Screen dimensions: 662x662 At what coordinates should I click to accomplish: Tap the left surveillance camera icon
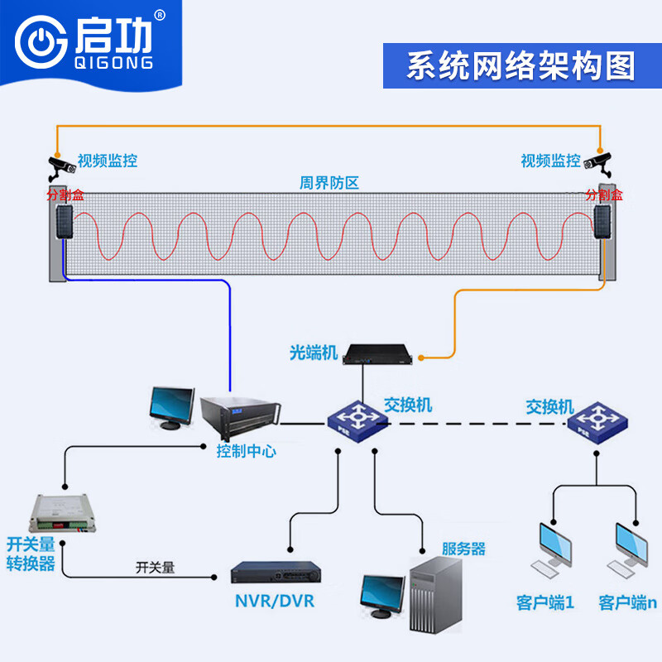(60, 164)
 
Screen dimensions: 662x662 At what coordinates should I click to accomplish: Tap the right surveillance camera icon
(599, 162)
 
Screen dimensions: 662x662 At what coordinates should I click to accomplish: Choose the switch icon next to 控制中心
(357, 421)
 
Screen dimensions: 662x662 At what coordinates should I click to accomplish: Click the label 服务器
(463, 549)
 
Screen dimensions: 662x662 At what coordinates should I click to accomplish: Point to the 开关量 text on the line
(156, 568)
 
